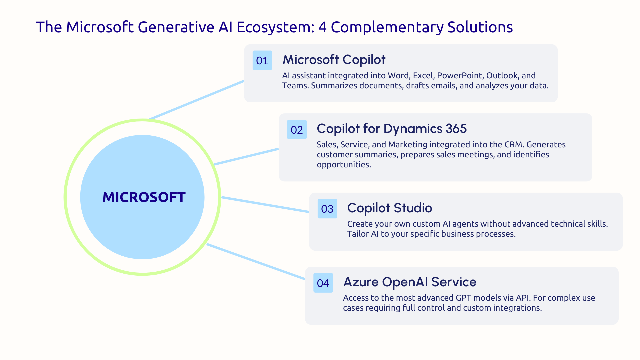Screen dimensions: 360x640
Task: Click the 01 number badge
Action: point(262,60)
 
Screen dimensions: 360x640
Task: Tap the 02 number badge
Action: point(297,130)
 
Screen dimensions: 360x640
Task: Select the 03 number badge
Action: point(327,209)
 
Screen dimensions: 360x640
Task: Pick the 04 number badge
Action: point(323,283)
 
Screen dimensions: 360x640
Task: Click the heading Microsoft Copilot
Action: point(334,60)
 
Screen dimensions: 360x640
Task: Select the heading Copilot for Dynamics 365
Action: point(391,129)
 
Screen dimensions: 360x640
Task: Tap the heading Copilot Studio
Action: point(389,208)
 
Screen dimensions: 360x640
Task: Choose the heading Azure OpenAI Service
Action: point(410,282)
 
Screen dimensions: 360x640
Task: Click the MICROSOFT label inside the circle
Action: point(144,197)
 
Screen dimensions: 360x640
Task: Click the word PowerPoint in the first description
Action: point(460,76)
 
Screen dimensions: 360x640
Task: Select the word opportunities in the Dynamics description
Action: point(343,165)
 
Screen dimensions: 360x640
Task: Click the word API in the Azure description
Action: point(522,298)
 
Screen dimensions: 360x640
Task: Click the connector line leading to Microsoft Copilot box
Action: point(197,100)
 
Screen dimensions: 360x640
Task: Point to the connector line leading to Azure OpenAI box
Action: point(256,262)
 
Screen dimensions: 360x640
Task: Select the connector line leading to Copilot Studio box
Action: point(265,204)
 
